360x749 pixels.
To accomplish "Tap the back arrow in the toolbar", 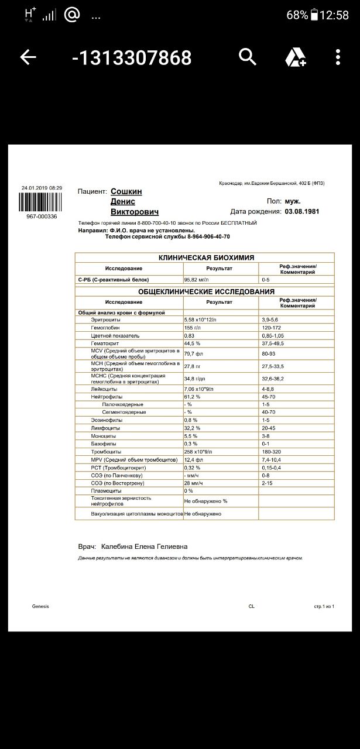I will (x=28, y=57).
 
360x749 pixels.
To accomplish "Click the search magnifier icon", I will (x=248, y=57).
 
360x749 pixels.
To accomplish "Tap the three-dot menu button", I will (x=338, y=57).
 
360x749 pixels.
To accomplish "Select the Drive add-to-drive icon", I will (x=296, y=57).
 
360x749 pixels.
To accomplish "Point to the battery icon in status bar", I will (x=314, y=15).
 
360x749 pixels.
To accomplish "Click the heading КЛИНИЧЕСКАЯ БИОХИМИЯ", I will (x=206, y=257).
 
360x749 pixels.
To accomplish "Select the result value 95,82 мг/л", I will (x=197, y=280).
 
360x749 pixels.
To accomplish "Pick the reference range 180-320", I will (x=272, y=452).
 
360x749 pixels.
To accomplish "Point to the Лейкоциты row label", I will (x=104, y=389).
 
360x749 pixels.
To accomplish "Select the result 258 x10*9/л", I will (x=201, y=452).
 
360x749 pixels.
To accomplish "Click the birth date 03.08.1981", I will (x=302, y=211).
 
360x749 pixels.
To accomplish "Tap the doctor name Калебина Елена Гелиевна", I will (x=144, y=547).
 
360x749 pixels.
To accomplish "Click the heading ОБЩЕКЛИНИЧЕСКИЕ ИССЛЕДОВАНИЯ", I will (x=206, y=291).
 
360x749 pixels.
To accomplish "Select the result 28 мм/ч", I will (x=194, y=483).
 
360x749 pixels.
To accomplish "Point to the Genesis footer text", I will (x=40, y=606).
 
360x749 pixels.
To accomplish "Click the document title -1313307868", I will (x=132, y=57).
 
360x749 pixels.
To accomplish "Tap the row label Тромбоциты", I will (x=106, y=452).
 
